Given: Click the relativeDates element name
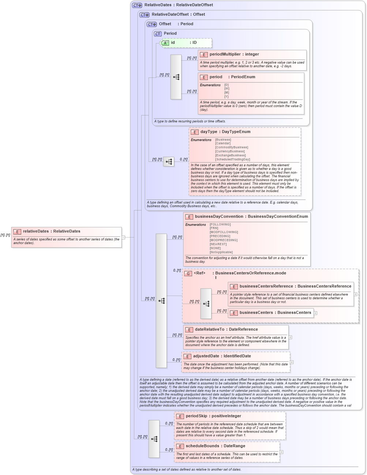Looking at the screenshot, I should [x=36, y=231].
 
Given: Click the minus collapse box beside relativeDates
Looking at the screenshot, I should [x=123, y=237].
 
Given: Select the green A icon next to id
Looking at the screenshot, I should [x=165, y=43].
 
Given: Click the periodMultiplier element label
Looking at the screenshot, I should [x=225, y=54].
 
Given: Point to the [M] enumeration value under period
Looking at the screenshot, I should [x=227, y=93].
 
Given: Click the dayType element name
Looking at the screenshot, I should [x=209, y=132].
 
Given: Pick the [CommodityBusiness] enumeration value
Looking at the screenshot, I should [x=232, y=148].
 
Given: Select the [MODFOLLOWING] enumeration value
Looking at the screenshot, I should [x=224, y=232].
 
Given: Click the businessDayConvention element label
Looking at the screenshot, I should [x=219, y=217].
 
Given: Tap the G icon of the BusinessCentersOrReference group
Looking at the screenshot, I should [x=188, y=273].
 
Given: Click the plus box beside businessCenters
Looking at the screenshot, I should [x=315, y=313].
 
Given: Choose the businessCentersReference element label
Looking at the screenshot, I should [x=266, y=286].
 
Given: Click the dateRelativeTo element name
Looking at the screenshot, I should [x=209, y=330].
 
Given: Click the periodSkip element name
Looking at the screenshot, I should [x=196, y=416].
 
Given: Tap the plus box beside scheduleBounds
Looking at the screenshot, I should [x=281, y=452].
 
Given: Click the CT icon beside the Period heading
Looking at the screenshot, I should [x=158, y=34].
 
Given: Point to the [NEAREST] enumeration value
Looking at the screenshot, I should [x=218, y=244].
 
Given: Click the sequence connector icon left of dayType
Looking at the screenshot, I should [x=169, y=161].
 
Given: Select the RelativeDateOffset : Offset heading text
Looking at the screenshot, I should [x=178, y=15].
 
